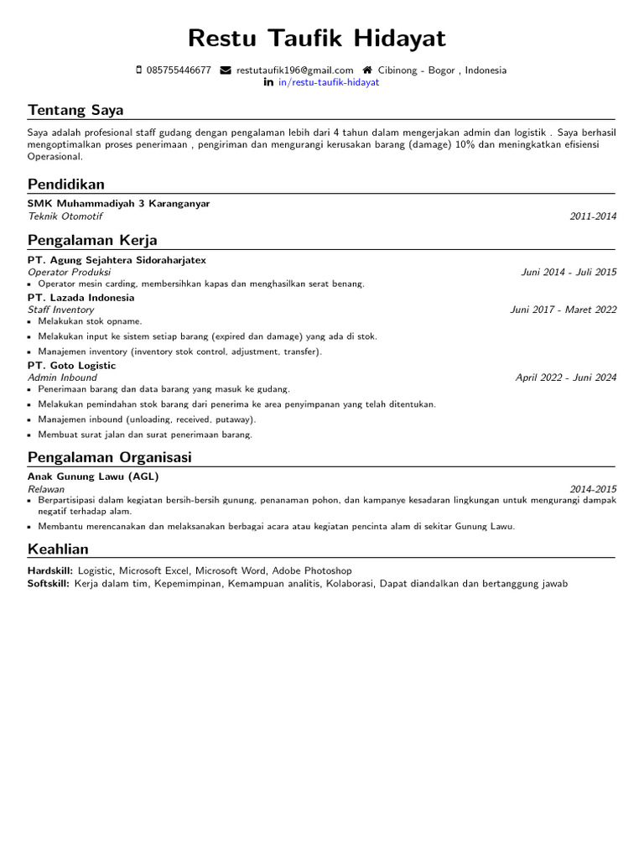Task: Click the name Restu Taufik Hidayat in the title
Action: point(317,39)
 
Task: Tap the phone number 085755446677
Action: point(179,70)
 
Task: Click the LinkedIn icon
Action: point(268,82)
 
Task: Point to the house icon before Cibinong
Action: point(367,70)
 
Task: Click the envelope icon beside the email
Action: point(226,70)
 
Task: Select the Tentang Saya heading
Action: point(75,110)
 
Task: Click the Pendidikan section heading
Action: point(66,184)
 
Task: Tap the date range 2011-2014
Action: point(593,216)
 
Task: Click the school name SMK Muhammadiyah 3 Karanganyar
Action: point(118,204)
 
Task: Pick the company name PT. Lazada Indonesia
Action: point(80,298)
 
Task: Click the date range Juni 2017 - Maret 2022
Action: point(563,310)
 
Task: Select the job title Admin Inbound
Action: point(62,377)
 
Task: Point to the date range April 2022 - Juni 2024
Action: point(566,377)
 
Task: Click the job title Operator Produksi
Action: point(69,272)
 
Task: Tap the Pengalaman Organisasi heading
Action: point(110,457)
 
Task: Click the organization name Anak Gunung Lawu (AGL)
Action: point(93,476)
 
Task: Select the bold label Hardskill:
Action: point(50,570)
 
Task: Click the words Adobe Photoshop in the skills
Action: point(312,570)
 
